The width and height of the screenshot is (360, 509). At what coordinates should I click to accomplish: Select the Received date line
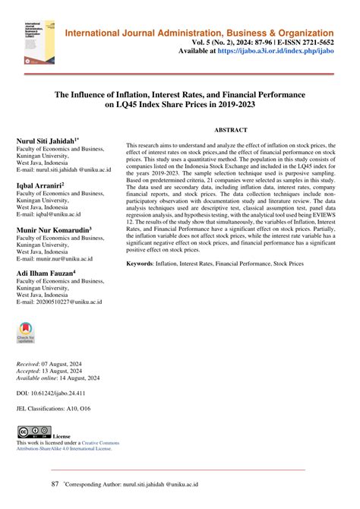tap(54, 365)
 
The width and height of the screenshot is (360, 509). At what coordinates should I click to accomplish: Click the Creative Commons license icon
tap(33, 432)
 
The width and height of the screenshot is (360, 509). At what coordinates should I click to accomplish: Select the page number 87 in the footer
tap(54, 482)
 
